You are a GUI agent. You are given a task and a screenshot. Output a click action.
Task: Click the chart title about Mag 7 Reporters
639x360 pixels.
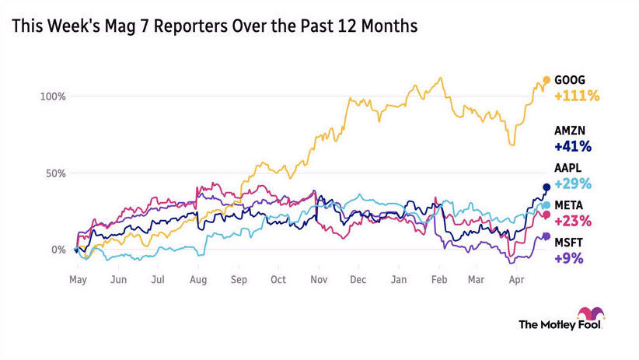point(215,26)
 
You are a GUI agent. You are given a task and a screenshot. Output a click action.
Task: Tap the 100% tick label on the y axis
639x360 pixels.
point(54,96)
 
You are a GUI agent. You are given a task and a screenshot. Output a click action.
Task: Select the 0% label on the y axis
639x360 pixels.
point(59,250)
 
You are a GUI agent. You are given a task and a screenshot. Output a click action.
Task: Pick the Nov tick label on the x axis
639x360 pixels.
point(318,279)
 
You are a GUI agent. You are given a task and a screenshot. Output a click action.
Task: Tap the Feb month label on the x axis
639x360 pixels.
point(439,279)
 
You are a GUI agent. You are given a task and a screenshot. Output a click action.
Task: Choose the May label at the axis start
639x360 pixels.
point(77,279)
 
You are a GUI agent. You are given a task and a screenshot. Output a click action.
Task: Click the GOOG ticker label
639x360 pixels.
point(570,80)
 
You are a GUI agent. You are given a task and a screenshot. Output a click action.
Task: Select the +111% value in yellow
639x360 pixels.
point(576,96)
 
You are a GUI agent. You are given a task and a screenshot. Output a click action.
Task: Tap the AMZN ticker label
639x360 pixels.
point(571,131)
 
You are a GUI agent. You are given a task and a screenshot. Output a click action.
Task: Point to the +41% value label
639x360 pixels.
point(573,146)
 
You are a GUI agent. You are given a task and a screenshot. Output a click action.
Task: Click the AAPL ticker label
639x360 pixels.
point(569,168)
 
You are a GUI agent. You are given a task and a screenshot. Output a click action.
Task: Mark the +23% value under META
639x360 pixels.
point(573,221)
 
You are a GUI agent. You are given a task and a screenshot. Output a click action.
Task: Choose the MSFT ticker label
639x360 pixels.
point(569,243)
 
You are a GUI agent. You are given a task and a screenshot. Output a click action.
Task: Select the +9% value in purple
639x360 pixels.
point(568,258)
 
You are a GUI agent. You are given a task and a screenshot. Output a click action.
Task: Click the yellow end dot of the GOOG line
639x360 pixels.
point(546,80)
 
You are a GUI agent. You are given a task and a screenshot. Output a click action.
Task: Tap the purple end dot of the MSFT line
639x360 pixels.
point(546,236)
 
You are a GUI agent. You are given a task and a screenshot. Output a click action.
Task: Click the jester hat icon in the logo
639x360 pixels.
point(595,314)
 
